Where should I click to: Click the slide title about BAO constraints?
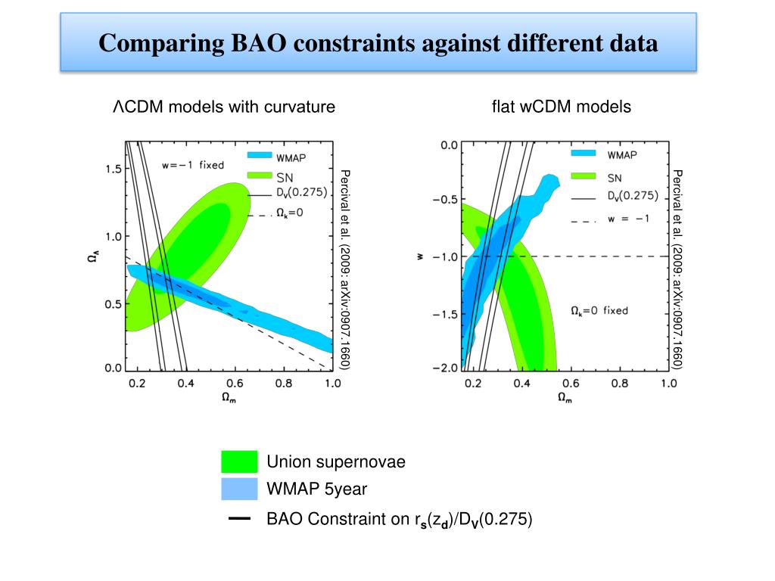tap(378, 44)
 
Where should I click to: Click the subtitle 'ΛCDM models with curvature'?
tap(224, 107)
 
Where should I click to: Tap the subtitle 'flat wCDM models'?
tap(561, 107)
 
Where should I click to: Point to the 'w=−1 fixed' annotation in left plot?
tap(193, 164)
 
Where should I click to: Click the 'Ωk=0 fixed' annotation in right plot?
tap(599, 310)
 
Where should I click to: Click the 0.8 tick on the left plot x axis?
tap(283, 384)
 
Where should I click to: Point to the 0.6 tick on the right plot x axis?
tap(570, 384)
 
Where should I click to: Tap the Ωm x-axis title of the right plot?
tap(565, 397)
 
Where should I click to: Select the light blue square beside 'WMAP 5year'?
tap(239, 489)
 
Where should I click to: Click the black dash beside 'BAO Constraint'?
tap(239, 520)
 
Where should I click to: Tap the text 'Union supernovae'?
tap(336, 462)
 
